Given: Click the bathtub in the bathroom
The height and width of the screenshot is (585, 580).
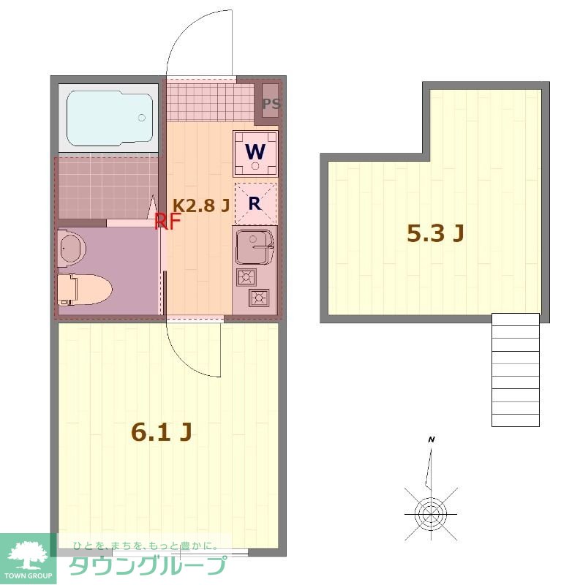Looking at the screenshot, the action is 110,118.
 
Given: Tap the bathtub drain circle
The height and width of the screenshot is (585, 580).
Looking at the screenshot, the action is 141,118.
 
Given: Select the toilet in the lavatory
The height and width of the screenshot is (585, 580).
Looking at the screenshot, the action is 85,290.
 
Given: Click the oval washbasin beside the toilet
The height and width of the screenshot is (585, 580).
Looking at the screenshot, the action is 72,248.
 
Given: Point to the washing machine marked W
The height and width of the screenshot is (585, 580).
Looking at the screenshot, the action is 255,153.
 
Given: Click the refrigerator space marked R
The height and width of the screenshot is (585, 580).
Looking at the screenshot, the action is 255,204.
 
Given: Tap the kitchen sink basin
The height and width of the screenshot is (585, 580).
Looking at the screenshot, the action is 255,246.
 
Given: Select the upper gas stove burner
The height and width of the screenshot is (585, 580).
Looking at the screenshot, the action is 246,277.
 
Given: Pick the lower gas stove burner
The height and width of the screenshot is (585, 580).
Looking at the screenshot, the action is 260,298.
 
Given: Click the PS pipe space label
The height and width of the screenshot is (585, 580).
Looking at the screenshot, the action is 271,103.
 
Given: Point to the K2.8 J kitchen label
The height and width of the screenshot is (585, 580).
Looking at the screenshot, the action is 201,205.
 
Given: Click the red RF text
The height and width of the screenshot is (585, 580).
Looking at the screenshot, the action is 167,222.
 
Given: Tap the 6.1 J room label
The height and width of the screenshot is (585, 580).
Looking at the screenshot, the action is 162,432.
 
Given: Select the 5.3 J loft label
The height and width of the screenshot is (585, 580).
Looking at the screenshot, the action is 435,233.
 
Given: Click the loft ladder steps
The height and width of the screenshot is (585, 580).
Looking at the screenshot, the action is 516,370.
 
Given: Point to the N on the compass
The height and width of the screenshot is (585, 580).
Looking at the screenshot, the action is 432,439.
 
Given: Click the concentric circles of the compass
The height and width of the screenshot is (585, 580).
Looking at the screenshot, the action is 431,514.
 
